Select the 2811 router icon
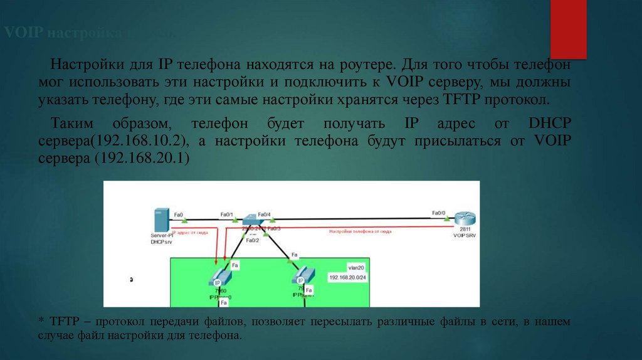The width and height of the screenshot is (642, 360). point(465,219)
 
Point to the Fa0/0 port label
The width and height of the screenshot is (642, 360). point(439,213)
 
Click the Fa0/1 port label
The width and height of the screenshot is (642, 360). point(227,214)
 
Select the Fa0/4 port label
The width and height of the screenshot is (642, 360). point(263,214)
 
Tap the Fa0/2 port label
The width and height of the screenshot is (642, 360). point(253,240)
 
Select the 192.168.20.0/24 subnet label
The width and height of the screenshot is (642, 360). point(347,277)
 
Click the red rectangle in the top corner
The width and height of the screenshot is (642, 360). point(569,28)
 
